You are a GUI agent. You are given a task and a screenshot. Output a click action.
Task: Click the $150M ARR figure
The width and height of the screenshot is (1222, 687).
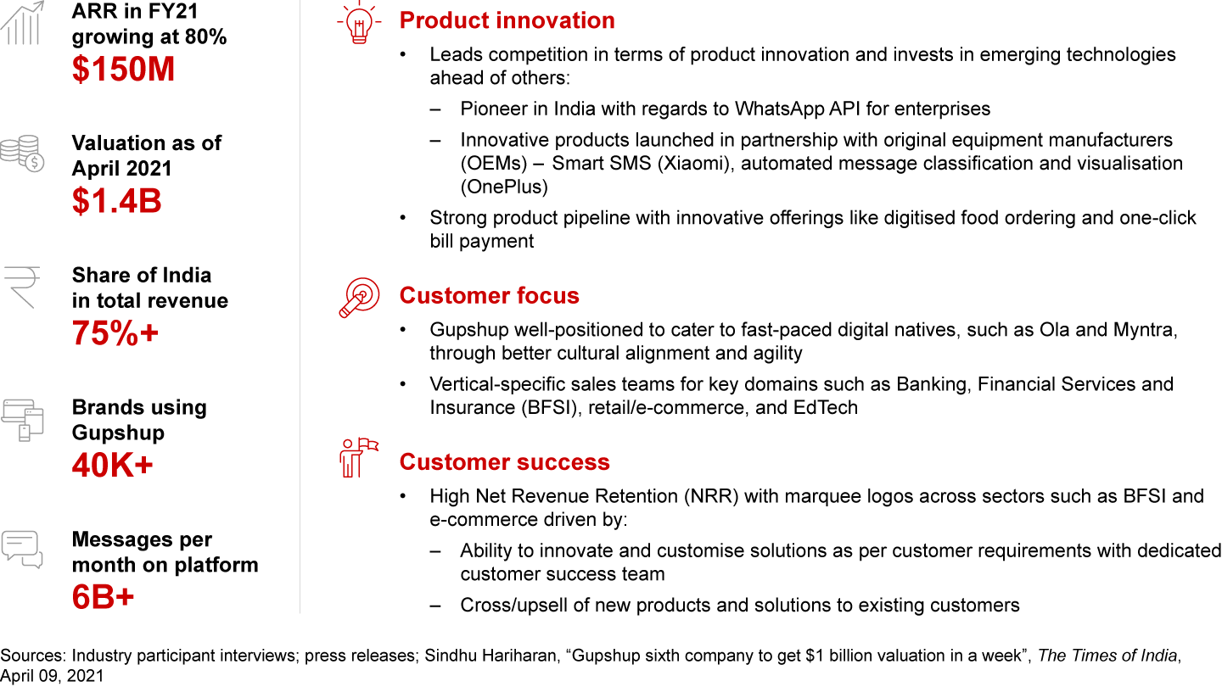coord(123,70)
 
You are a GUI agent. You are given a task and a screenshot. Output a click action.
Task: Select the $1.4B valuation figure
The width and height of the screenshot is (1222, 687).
coord(117,201)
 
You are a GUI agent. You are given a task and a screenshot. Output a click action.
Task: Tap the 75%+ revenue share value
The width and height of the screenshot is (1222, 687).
coord(115,332)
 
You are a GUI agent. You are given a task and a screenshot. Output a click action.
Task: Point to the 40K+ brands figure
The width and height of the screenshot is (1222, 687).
coord(112,465)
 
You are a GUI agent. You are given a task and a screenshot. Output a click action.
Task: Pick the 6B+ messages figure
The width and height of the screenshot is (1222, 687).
coord(104,597)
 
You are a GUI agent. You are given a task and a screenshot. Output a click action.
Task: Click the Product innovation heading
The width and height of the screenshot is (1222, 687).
coord(507,20)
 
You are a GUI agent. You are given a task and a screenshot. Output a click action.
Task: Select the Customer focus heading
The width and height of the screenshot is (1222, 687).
coord(490,295)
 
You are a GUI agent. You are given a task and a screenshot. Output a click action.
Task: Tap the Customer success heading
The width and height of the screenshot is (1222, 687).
coord(505,461)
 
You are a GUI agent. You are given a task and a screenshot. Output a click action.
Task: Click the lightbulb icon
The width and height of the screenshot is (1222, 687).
coord(359,22)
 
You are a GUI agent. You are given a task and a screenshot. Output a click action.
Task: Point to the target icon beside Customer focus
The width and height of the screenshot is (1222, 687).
coord(359,298)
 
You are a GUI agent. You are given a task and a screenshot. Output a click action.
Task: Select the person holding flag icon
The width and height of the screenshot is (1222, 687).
coord(358,458)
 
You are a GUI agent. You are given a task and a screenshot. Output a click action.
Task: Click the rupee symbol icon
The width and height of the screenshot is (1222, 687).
coord(22,288)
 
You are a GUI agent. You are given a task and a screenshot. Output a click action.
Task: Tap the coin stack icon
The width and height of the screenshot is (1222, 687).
coord(22,154)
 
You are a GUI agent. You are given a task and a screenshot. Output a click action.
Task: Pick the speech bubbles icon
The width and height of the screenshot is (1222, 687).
coord(22,550)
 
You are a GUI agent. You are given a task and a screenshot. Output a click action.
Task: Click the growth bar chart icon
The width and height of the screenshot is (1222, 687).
coord(22,23)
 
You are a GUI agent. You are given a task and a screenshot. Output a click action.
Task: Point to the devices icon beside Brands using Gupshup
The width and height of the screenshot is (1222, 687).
coord(22,420)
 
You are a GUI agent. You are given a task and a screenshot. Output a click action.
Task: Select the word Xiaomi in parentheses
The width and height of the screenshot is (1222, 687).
coord(692,164)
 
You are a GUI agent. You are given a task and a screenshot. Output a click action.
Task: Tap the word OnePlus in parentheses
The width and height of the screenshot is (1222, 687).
coord(504,187)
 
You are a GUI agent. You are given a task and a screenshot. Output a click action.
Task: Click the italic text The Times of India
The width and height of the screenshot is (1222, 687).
coord(1107,656)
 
